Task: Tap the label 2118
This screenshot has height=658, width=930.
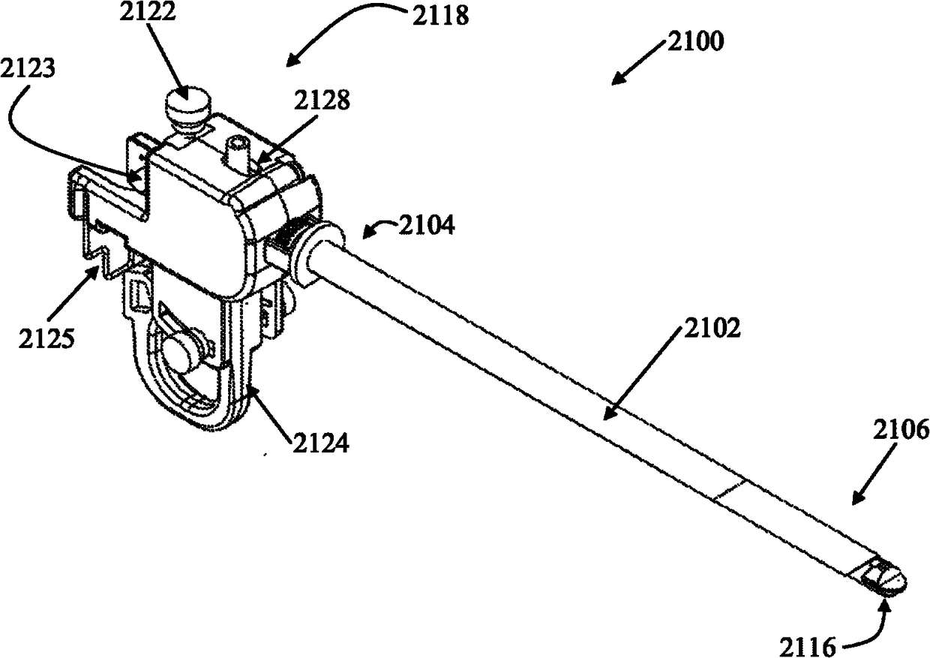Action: [x=439, y=16]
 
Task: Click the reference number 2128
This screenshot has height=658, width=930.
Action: [x=320, y=101]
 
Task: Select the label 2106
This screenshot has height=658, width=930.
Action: [x=900, y=431]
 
